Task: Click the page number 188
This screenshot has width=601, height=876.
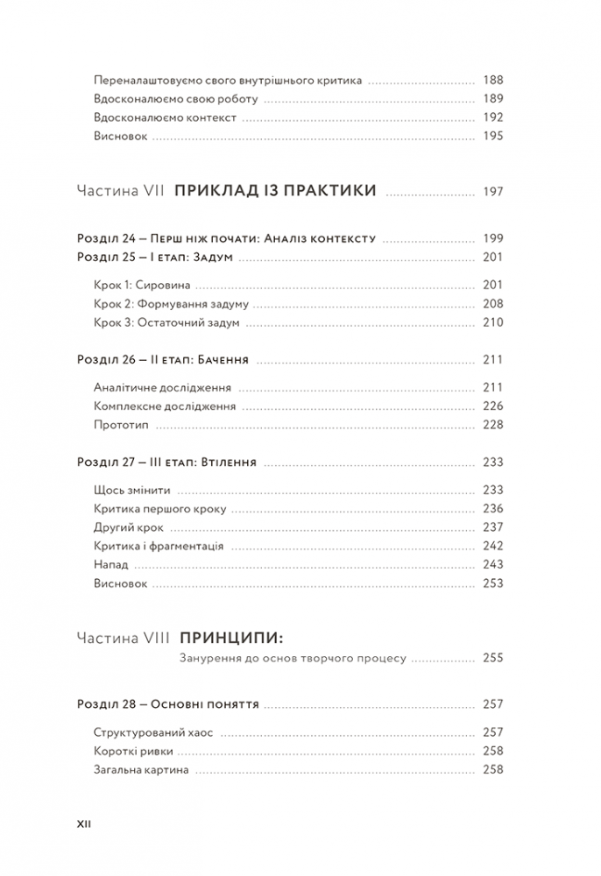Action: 493,80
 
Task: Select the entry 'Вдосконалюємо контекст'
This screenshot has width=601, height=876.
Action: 164,117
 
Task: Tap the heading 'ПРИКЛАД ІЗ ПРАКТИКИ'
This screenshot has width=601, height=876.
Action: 276,191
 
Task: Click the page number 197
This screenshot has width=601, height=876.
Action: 493,192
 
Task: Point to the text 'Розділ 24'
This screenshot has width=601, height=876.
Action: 106,238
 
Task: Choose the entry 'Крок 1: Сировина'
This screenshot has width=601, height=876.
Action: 142,285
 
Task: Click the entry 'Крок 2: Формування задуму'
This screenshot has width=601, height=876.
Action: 170,304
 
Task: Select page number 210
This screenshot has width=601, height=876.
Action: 493,322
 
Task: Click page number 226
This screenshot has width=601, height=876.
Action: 493,406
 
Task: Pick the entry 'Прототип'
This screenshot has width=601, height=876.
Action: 120,424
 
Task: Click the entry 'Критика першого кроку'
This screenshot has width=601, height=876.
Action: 159,509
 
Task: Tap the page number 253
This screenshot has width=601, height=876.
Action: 493,583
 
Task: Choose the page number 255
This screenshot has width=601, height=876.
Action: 493,657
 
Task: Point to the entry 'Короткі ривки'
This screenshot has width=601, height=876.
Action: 132,751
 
